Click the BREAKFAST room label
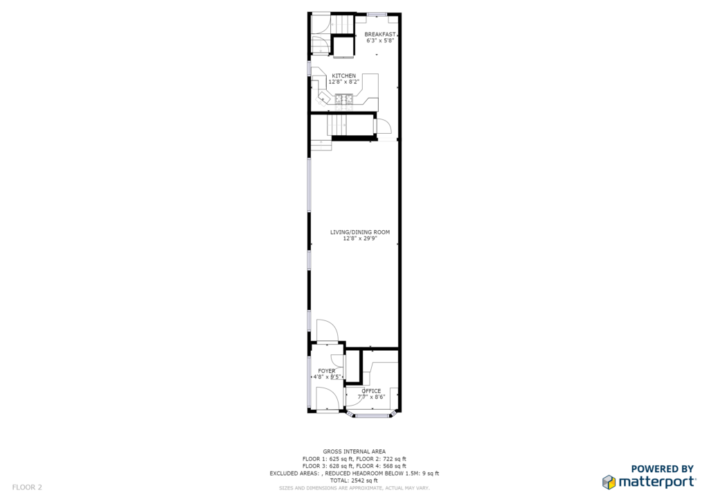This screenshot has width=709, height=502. pos(380,35)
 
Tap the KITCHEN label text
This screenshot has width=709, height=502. pos(344,76)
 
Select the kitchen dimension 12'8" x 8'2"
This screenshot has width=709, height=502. pos(343,82)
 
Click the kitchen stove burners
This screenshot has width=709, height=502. pos(344,99)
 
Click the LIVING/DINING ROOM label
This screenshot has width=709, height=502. pos(360,232)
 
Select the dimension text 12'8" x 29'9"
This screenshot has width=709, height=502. pos(360,239)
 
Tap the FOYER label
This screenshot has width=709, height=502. pos(327,371)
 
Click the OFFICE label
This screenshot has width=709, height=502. pos(371,390)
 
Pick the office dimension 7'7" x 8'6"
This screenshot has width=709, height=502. pos(371,397)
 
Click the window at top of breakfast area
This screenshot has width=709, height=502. pos(376,15)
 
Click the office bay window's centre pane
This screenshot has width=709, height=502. pos(372,415)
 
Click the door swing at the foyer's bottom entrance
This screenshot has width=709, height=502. pos(327,399)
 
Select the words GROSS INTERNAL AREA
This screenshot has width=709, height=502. pos(354,451)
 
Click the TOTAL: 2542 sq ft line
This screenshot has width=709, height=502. pos(354,481)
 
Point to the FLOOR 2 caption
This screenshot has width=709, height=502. pos(27,487)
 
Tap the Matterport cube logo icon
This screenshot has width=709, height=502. pos(609,482)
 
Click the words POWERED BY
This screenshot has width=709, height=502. pos(663,469)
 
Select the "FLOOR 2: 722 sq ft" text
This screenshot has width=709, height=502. pos(382,459)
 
